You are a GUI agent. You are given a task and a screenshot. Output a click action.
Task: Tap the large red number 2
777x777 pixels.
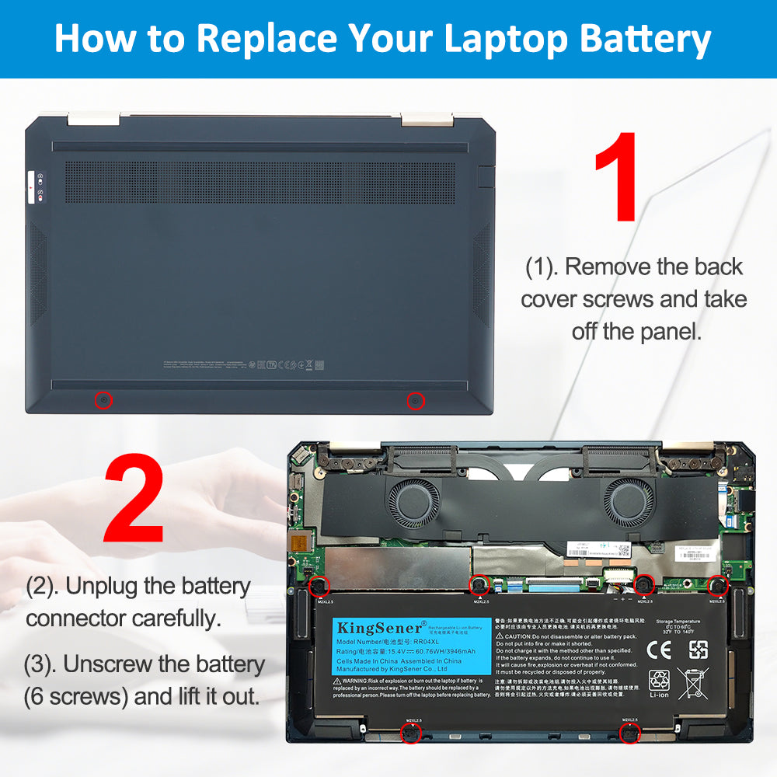tap(134, 500)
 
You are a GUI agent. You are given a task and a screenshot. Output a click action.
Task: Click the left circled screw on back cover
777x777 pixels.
tap(103, 400)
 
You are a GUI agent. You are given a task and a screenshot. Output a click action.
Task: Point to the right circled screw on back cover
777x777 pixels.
tap(416, 401)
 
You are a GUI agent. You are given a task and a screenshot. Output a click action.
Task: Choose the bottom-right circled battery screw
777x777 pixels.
tap(629, 733)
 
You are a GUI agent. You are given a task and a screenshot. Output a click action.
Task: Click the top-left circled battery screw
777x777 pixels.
tap(319, 586)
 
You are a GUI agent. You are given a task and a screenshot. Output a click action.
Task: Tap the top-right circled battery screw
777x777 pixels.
tap(717, 586)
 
